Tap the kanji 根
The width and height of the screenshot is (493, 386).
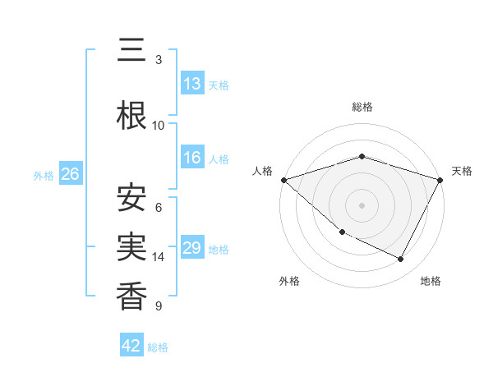(132, 115)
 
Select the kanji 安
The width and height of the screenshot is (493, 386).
(132, 197)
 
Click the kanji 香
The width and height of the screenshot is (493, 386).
(132, 296)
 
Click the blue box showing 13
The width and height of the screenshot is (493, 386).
(192, 84)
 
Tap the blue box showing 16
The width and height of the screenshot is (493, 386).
(192, 159)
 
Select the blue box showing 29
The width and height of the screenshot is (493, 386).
(192, 249)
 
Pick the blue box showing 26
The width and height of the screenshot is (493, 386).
(70, 174)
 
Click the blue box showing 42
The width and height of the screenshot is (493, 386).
(131, 346)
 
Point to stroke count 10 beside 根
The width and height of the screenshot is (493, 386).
(159, 125)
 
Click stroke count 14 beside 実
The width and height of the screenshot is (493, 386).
(159, 257)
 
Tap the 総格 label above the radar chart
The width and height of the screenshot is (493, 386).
(362, 107)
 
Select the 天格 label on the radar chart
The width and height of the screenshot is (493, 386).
(463, 171)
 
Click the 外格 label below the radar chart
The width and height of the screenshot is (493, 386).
(289, 281)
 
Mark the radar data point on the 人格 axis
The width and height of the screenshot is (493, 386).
(283, 180)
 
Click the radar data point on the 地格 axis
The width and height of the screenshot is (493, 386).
(401, 260)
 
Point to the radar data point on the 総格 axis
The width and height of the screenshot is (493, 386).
(362, 156)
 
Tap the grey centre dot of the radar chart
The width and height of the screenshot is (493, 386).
(362, 205)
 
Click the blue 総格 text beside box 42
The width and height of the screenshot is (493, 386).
(158, 347)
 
